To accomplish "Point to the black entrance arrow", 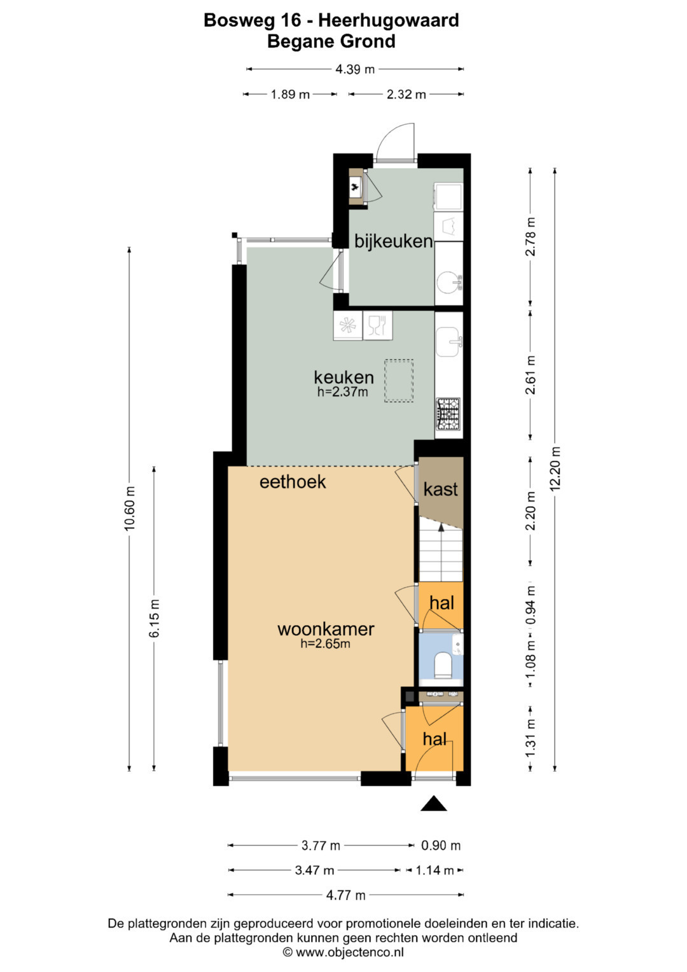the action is click(x=433, y=803).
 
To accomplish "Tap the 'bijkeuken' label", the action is click(x=393, y=241).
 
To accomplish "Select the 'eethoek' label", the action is click(x=293, y=482).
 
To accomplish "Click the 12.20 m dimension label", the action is click(x=555, y=468).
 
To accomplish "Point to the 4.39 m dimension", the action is click(x=355, y=69).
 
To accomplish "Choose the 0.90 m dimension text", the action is click(x=441, y=845).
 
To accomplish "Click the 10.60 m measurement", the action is click(x=130, y=508).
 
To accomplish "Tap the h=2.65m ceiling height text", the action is click(x=325, y=644).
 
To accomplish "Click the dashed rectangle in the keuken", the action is click(x=399, y=381).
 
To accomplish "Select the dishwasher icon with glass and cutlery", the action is click(x=377, y=325).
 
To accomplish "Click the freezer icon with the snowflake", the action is click(x=347, y=325).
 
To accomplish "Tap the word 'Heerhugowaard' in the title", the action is click(x=389, y=20).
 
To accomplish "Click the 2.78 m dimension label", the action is click(x=531, y=237).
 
